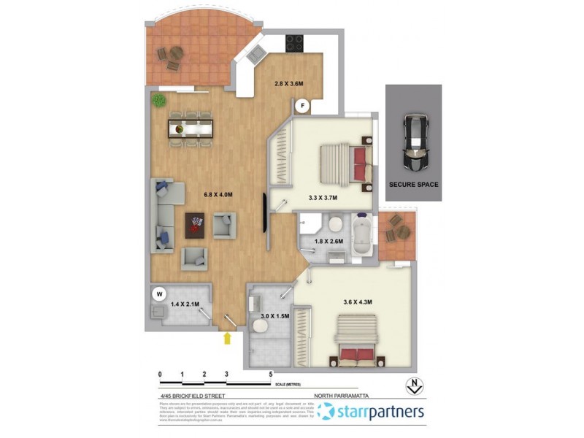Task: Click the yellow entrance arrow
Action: [228, 338]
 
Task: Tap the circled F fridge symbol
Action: [302, 106]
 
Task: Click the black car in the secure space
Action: [415, 138]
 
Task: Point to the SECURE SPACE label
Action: [413, 185]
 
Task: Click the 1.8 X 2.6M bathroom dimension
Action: [328, 241]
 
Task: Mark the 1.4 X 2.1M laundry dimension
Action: [185, 304]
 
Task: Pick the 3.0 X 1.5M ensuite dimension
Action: [275, 317]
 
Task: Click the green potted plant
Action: [158, 100]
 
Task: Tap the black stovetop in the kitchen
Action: [294, 42]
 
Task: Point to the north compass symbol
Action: [414, 385]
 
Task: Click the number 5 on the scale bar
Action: [271, 374]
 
